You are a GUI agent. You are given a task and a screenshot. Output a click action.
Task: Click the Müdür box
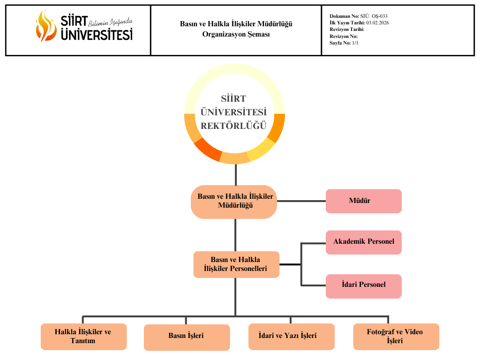[363, 201]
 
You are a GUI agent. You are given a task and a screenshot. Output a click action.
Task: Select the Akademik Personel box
[363, 242]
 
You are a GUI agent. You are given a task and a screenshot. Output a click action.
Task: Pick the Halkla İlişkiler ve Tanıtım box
[83, 337]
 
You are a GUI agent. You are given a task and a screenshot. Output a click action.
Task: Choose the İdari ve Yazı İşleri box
[291, 336]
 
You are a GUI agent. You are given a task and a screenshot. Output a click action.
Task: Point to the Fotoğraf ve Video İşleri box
[396, 337]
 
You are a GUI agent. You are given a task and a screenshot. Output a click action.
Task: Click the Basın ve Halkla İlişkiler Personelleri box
[236, 264]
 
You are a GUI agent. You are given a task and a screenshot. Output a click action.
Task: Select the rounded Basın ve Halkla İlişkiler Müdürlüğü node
[234, 202]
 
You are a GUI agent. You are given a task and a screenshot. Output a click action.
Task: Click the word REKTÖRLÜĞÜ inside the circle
[233, 126]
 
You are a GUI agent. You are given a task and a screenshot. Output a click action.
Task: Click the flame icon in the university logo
[45, 25]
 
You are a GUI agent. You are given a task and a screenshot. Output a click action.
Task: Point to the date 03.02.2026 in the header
[377, 22]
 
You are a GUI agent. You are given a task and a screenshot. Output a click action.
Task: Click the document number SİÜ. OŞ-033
[374, 16]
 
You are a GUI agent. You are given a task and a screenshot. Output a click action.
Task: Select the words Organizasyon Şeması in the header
[236, 34]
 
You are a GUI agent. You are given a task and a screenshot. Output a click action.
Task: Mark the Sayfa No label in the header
[340, 43]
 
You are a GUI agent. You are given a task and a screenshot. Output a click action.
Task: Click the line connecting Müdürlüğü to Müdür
[301, 201]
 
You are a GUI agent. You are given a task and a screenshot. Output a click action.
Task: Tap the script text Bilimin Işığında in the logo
[111, 22]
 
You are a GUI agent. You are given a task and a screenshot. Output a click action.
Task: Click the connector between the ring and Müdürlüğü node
[235, 174]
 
